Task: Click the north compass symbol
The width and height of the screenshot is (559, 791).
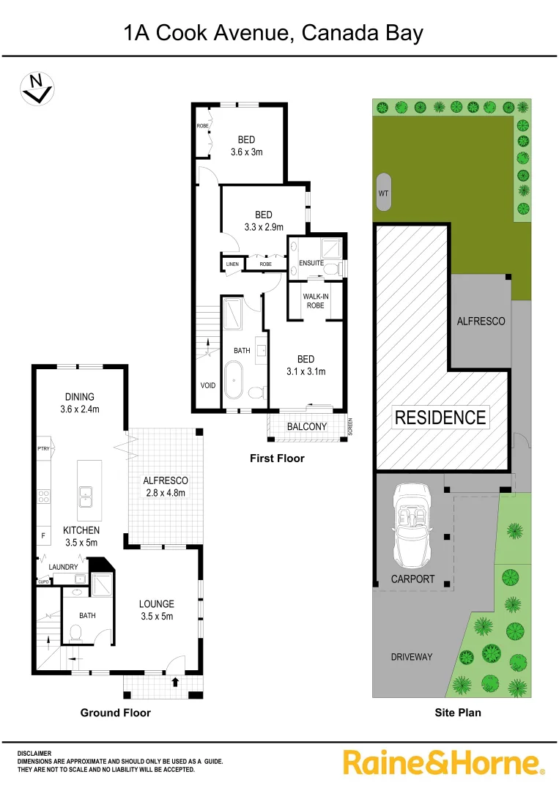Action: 36,88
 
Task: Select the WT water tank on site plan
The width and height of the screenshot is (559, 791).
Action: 384,193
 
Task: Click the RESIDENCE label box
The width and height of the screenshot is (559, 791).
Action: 440,417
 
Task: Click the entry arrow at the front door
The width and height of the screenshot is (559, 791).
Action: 174,682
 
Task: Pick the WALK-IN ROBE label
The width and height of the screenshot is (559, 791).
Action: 315,300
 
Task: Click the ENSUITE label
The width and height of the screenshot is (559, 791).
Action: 311,263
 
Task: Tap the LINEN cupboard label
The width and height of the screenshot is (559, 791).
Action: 232,264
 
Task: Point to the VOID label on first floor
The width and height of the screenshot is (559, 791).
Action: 208,385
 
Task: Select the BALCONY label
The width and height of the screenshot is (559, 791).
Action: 306,426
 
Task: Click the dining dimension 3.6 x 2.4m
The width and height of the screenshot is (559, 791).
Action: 79,409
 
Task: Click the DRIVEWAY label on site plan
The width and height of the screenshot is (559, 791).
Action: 411,657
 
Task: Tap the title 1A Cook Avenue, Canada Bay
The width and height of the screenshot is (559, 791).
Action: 273,33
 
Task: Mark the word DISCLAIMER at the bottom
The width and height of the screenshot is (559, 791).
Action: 34,753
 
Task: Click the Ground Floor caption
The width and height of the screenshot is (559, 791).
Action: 115,713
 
